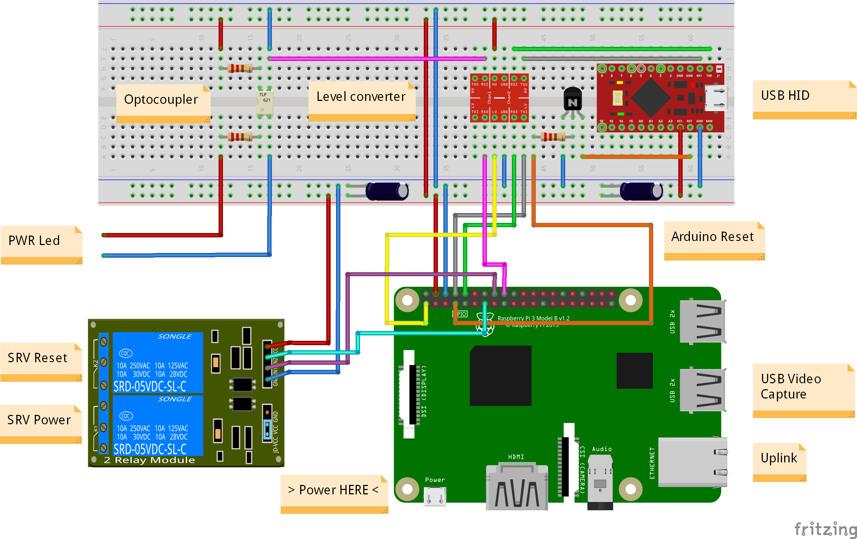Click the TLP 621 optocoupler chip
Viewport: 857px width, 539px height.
click(x=265, y=102)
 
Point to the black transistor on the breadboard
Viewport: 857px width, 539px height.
click(x=572, y=100)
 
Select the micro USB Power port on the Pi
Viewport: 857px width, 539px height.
click(x=435, y=496)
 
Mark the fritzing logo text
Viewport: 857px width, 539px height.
click(x=825, y=529)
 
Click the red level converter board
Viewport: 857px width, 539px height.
click(x=499, y=98)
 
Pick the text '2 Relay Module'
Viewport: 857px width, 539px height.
click(x=149, y=460)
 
